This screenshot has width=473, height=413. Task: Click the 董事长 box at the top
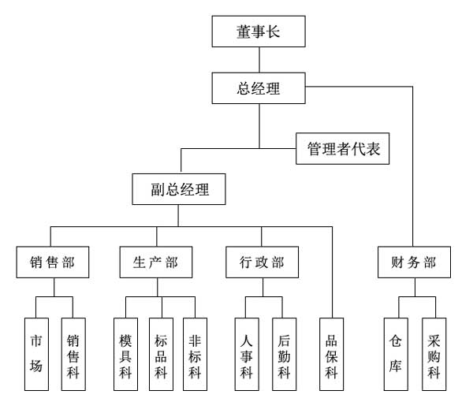point(259,32)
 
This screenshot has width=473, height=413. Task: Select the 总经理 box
point(259,88)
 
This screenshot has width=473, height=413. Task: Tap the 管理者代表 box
point(343,148)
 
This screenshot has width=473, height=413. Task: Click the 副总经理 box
point(180,190)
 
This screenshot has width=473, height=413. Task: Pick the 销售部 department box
point(52,262)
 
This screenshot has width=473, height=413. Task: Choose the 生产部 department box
point(155,262)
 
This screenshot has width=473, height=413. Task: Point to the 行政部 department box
point(262,262)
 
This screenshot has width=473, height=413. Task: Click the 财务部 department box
point(413,262)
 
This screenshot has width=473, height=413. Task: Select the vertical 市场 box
point(36,354)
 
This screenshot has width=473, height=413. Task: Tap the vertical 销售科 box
point(73,354)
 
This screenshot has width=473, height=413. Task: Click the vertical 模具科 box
point(125,354)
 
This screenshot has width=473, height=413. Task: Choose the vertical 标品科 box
point(161,354)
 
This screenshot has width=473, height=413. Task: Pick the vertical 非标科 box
point(196,354)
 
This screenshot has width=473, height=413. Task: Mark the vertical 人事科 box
point(247,354)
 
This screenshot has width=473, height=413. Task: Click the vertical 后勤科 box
point(284,354)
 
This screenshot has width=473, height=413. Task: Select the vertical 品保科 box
point(332,354)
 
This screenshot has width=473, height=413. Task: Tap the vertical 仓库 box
point(396,354)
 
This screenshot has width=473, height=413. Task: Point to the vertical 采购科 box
point(434,354)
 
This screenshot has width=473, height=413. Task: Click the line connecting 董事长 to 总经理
point(259,61)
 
